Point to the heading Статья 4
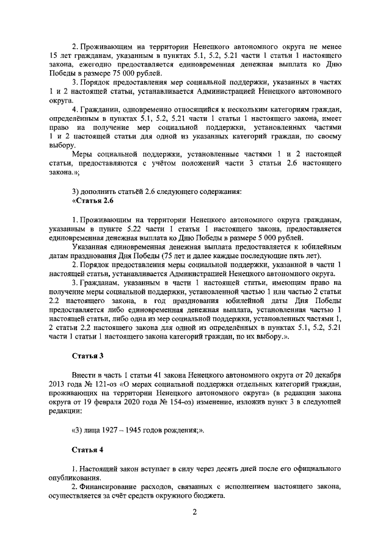point(88,451)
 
